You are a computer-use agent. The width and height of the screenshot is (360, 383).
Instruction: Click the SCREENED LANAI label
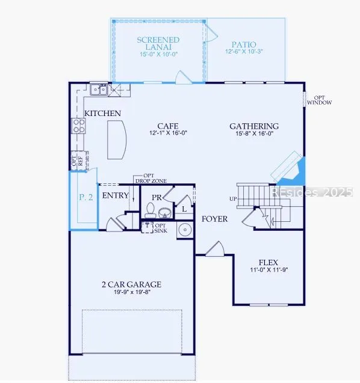coord(158,43)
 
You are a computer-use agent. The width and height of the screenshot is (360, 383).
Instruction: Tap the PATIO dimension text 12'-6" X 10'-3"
coord(244,51)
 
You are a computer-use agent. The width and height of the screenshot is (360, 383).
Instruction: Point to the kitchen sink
coord(99,90)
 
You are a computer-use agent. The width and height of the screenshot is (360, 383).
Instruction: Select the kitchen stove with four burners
coord(78,126)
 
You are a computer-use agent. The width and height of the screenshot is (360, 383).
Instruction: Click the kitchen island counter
coord(117,140)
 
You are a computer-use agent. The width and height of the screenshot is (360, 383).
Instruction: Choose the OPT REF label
coord(77,161)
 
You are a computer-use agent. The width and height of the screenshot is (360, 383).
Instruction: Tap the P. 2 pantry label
coord(86,197)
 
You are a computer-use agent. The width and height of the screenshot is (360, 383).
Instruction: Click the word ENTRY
coord(115,195)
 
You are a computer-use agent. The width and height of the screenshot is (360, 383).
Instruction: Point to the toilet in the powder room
coord(151,210)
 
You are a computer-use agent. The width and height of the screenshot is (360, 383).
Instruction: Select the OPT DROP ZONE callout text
coord(151,179)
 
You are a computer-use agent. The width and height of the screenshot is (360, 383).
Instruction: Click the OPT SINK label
coord(161,228)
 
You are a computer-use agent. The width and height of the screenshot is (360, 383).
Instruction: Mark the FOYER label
coord(214,219)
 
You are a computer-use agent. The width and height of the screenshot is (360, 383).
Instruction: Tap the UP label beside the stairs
coord(233,199)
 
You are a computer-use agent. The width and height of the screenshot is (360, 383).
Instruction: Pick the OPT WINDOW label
coord(320,100)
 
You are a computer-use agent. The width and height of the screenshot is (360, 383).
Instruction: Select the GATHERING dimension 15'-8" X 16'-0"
coord(254,133)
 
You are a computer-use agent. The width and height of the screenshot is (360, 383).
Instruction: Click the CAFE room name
coord(168,126)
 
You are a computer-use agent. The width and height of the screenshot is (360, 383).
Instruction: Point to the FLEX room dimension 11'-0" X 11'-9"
coord(268,270)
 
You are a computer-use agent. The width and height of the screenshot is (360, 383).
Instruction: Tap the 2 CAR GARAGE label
coord(132,284)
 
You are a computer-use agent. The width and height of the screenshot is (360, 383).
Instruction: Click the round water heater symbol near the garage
coord(185,230)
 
